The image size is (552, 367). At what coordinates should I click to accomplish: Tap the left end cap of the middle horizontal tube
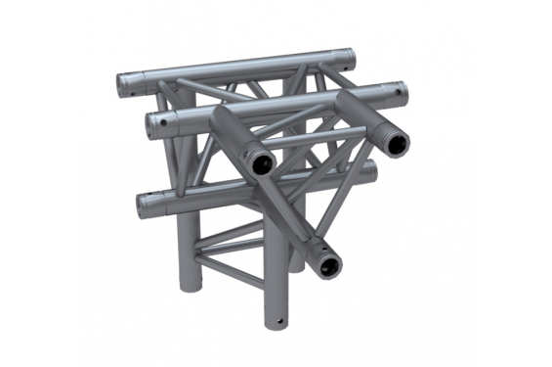tap(151, 121)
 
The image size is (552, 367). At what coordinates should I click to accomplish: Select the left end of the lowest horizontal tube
tap(144, 206)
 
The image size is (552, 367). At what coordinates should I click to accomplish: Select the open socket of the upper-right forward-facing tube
tap(396, 143)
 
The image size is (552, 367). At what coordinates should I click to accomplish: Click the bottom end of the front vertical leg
tap(275, 320)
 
